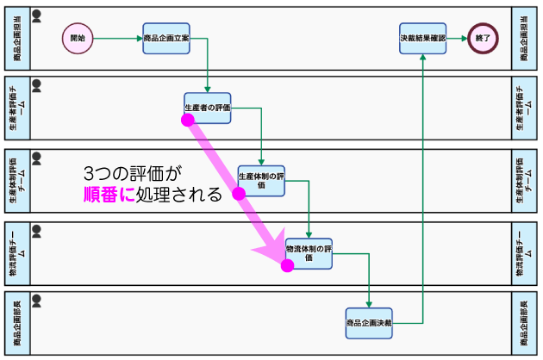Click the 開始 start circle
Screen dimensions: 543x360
click(x=78, y=38)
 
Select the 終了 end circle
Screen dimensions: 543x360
click(x=483, y=38)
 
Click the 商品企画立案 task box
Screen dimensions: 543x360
click(x=166, y=39)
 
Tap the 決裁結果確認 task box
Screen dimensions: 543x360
click(x=422, y=39)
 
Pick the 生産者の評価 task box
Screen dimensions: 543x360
click(x=208, y=108)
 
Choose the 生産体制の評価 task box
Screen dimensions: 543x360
click(x=261, y=181)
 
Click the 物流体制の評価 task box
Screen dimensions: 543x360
click(x=309, y=254)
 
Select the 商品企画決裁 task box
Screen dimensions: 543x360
click(x=369, y=323)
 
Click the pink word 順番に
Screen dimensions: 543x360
click(x=109, y=195)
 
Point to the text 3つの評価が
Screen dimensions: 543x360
click(x=133, y=173)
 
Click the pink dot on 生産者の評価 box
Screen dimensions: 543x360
click(x=188, y=120)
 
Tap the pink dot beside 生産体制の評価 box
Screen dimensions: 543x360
click(x=239, y=194)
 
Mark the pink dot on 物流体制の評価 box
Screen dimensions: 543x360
click(x=287, y=266)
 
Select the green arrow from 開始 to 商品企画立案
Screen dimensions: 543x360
click(x=118, y=38)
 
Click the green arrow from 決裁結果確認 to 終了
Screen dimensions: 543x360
click(x=457, y=38)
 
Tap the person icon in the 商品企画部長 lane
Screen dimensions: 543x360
click(x=37, y=301)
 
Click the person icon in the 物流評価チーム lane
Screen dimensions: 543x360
click(x=37, y=231)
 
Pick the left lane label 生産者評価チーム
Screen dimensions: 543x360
click(x=17, y=108)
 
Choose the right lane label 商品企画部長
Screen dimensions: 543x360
click(x=524, y=323)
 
